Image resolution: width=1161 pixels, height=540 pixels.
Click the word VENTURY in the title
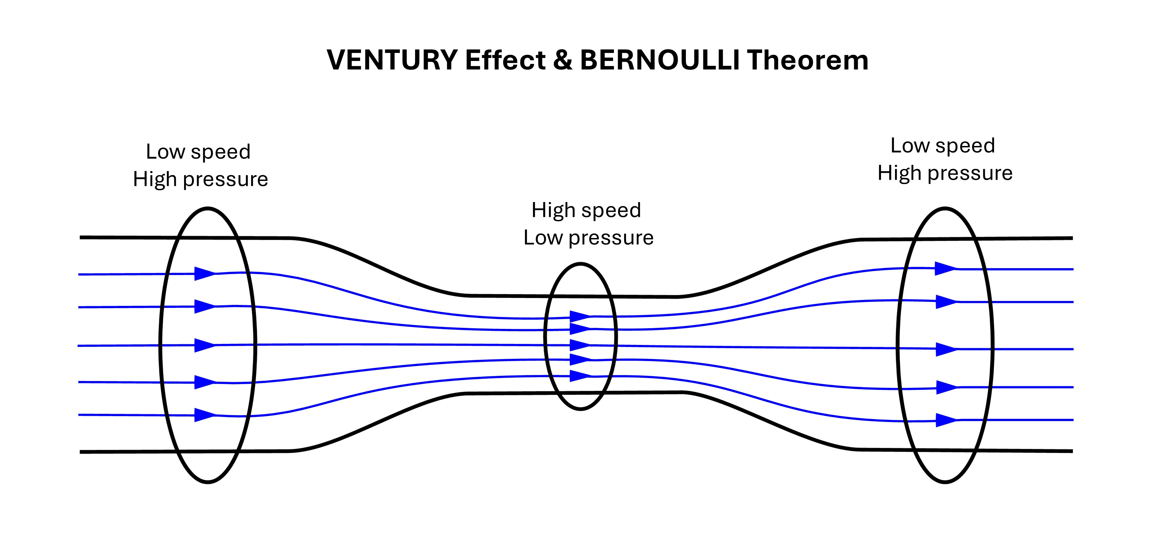tap(392, 60)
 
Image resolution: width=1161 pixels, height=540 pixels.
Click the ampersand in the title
tap(563, 60)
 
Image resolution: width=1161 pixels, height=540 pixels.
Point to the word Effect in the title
tap(505, 60)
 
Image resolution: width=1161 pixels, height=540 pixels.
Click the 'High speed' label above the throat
tap(586, 210)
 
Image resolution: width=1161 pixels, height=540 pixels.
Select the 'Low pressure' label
tap(588, 238)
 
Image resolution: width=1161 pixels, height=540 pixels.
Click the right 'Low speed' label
tap(943, 146)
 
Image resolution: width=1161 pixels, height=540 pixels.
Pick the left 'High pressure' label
tap(200, 179)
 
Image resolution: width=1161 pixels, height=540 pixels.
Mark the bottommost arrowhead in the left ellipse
tap(204, 415)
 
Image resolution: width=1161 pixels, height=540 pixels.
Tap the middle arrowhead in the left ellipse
tap(204, 345)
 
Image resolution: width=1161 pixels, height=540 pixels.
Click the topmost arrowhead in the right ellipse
tap(945, 269)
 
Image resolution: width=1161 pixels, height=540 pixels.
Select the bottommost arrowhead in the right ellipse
tap(946, 420)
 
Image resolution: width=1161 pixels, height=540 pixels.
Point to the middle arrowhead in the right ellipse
tap(946, 349)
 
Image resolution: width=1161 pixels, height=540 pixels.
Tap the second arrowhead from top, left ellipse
tap(204, 307)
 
